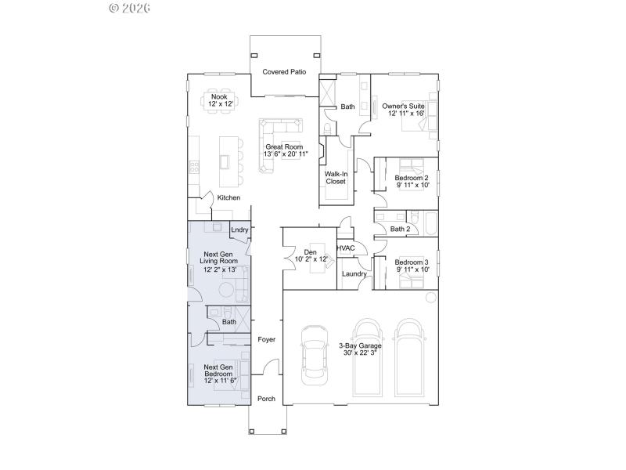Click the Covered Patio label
(x=284, y=72)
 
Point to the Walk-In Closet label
(x=335, y=178)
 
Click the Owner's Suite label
(x=403, y=106)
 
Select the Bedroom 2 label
(x=411, y=178)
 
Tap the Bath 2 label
(x=400, y=230)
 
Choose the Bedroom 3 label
(x=411, y=262)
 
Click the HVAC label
(x=345, y=248)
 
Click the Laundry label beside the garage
(x=354, y=274)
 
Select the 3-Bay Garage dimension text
(x=360, y=353)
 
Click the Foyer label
(x=267, y=340)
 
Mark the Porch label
(x=266, y=399)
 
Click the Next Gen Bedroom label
(x=218, y=371)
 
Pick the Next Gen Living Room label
(x=221, y=258)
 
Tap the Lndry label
(x=239, y=230)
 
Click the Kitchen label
(x=228, y=197)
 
